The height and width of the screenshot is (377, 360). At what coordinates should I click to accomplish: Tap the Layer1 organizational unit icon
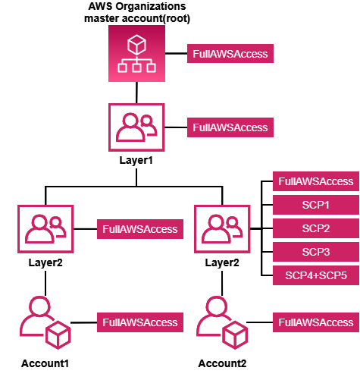(x=136, y=127)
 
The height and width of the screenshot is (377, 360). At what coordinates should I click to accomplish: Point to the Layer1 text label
(x=136, y=161)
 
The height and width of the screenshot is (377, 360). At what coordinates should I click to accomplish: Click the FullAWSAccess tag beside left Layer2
(x=139, y=229)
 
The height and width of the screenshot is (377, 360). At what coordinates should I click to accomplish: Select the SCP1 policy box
(x=315, y=205)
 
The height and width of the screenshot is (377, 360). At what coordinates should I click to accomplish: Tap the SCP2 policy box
(x=315, y=228)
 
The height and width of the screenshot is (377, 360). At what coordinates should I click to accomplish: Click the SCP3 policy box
(x=315, y=252)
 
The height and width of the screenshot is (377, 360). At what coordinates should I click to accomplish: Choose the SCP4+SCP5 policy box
(x=315, y=275)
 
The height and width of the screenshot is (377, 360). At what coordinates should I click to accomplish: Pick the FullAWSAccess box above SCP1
(x=315, y=181)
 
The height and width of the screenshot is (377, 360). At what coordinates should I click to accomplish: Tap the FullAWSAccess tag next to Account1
(x=139, y=322)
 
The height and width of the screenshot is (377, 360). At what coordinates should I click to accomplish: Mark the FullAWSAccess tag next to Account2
(x=315, y=322)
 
